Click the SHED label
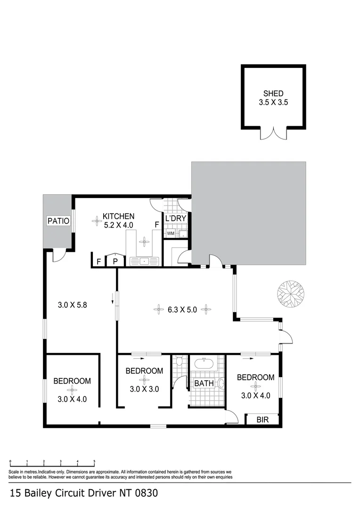(x=274, y=94)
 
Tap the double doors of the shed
(x=274, y=134)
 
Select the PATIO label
(x=58, y=221)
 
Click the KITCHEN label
(x=119, y=216)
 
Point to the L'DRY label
(x=176, y=218)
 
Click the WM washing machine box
(x=170, y=233)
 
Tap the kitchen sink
(x=145, y=261)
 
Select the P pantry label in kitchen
(x=114, y=261)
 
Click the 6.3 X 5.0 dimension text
(x=181, y=310)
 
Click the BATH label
(x=204, y=384)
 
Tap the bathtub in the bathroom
(x=204, y=364)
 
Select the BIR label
(x=262, y=419)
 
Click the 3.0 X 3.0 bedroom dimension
(x=144, y=389)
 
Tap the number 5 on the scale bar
(x=95, y=461)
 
